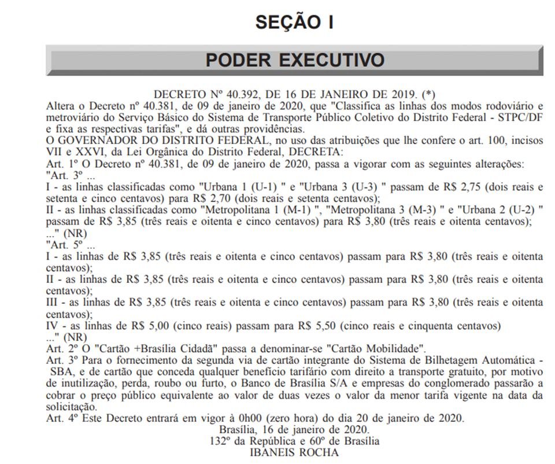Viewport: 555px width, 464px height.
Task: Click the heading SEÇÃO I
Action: click(294, 23)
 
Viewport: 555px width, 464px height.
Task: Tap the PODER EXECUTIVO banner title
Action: click(295, 60)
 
